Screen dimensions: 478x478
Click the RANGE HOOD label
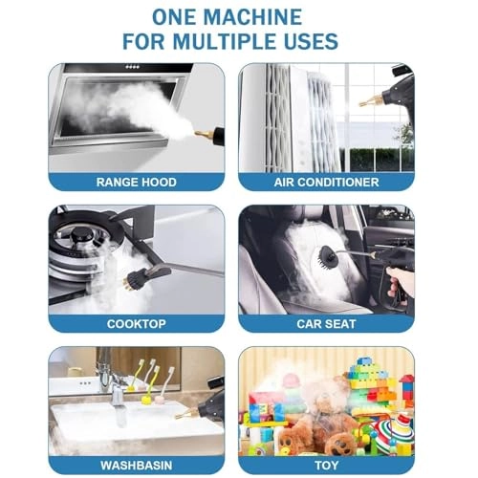point(136,182)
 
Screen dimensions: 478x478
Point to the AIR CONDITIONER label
point(325,182)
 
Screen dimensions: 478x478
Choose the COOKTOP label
point(136,323)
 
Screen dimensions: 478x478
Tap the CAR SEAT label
point(325,323)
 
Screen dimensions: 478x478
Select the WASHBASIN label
point(136,465)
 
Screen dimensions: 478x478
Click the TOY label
point(325,465)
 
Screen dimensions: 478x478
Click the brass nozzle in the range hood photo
point(203,135)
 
